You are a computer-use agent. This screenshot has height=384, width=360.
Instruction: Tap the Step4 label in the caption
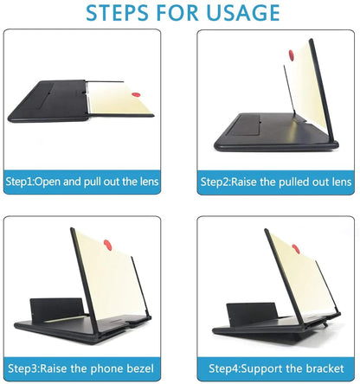click(222, 368)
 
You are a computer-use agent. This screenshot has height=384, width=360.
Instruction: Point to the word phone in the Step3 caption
click(109, 368)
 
